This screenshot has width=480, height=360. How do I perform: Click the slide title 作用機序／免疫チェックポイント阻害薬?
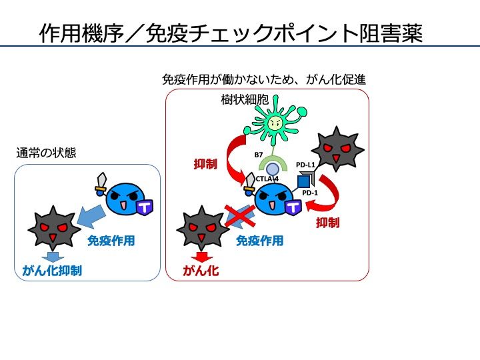point(231,33)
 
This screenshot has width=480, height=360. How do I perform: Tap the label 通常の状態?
point(46,153)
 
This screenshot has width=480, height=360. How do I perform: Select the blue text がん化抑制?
point(52,271)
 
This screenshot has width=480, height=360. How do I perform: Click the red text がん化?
point(201,271)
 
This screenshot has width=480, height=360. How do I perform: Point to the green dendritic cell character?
point(274,123)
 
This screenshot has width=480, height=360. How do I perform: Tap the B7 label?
point(259,155)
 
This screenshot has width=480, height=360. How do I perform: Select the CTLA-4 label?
point(267,179)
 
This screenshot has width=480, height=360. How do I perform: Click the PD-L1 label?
point(305,164)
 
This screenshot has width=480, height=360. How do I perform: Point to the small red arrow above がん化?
point(201,256)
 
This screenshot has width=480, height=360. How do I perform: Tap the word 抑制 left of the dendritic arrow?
point(205,164)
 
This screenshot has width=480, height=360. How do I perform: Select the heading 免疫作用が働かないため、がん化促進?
point(264,79)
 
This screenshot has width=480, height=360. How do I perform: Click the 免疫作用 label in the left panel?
point(111,241)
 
